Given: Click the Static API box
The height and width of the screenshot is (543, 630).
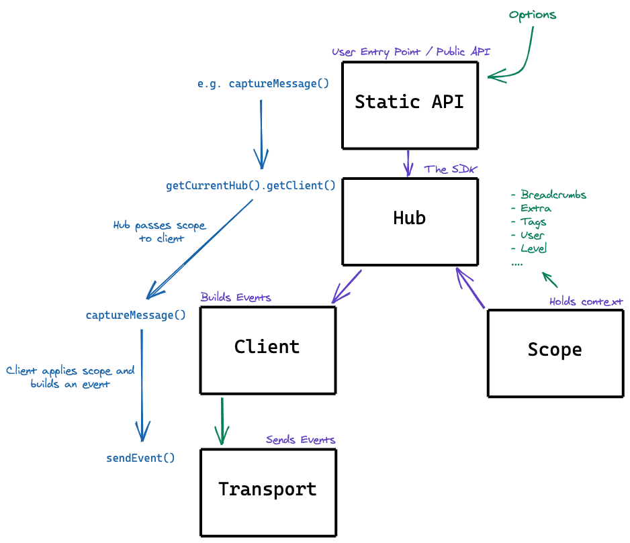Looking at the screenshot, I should coord(410,105).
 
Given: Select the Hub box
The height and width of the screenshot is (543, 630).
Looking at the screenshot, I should coord(410,221).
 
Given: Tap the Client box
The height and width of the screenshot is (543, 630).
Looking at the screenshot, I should coord(267,350).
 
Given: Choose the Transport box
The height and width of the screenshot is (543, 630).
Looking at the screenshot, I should coord(267,492).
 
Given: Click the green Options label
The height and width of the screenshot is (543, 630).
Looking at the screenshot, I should coord(533,15).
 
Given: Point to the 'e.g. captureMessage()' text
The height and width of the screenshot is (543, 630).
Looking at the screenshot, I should coord(263,84).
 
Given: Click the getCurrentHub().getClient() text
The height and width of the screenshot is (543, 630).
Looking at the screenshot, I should coord(251,186).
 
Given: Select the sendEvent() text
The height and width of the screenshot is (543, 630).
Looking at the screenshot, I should coord(140,458).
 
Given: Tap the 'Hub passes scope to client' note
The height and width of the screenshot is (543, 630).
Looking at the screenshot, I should coord(160,232).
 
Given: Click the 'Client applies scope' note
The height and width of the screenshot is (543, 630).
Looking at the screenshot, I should coord(71,377).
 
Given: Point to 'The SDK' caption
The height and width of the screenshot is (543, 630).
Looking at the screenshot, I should coord(449,169).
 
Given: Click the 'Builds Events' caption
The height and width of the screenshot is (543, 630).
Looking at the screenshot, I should coord(236,297).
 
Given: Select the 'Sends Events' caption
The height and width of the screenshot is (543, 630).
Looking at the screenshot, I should coord(300,440).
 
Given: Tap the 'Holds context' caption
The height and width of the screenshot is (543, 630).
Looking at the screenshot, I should coord(586,301).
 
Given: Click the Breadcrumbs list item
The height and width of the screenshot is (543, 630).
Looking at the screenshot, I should coord(549,195).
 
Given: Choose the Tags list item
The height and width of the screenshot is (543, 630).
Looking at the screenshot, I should coord(529,222).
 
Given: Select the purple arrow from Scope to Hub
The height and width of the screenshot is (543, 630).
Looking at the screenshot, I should coord(470,289).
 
